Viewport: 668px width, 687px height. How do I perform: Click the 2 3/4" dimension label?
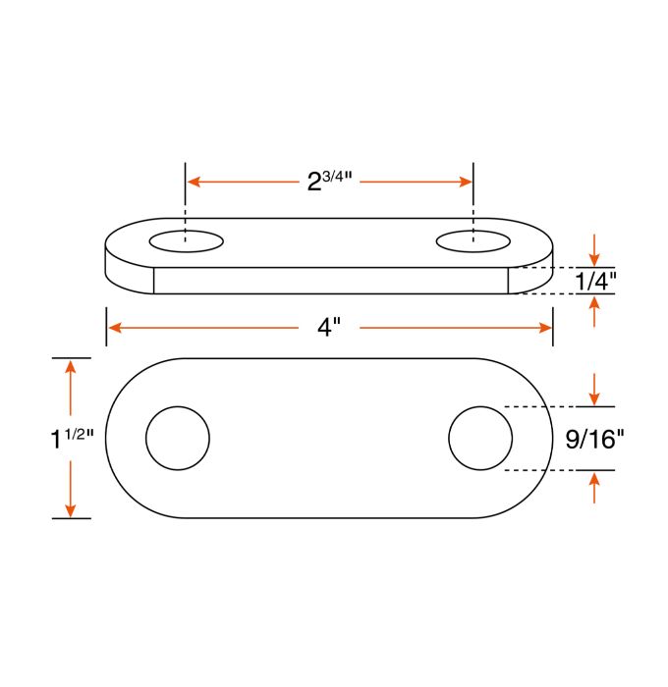pos(330,182)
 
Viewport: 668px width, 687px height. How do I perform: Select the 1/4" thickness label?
pos(594,281)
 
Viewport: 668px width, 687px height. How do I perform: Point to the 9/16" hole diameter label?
pos(595,439)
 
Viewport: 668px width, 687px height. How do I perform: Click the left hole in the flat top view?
pos(178,438)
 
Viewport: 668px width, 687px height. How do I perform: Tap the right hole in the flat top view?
pos(480,438)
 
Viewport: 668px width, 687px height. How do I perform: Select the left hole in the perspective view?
pos(186,241)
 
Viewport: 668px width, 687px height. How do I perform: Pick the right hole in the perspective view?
pos(473,241)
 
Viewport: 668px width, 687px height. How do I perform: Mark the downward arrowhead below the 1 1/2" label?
pos(70,509)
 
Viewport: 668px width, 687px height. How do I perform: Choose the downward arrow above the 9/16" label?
pos(594,396)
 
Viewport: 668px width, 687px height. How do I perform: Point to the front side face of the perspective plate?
pos(330,281)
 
